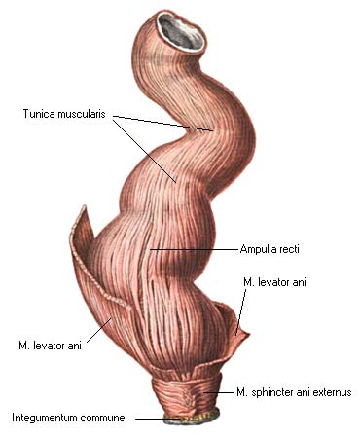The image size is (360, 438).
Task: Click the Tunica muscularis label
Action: [x=64, y=114]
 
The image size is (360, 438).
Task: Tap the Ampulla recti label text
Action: [x=270, y=249]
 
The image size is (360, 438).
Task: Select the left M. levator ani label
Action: [x=50, y=346]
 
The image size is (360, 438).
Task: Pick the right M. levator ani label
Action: [x=274, y=282]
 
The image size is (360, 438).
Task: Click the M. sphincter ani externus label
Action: [x=294, y=392]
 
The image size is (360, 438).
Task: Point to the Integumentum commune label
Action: [x=68, y=418]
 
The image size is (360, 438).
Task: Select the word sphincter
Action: [x=271, y=392]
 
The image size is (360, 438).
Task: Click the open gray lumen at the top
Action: [x=182, y=32]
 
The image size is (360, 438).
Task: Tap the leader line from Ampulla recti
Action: [x=194, y=249]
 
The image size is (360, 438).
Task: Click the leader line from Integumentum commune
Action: [x=158, y=419]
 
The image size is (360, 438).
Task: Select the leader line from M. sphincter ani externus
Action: [x=219, y=392]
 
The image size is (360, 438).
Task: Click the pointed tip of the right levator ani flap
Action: [x=248, y=334]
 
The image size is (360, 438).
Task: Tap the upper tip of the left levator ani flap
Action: [x=84, y=206]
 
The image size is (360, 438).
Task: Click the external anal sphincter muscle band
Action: [x=187, y=392]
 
